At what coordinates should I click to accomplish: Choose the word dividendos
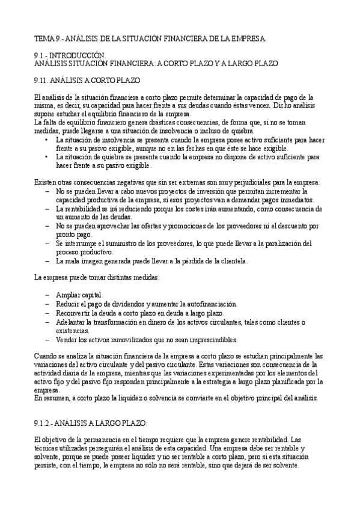tap(120, 304)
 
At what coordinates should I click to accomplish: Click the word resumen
tap(55, 399)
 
